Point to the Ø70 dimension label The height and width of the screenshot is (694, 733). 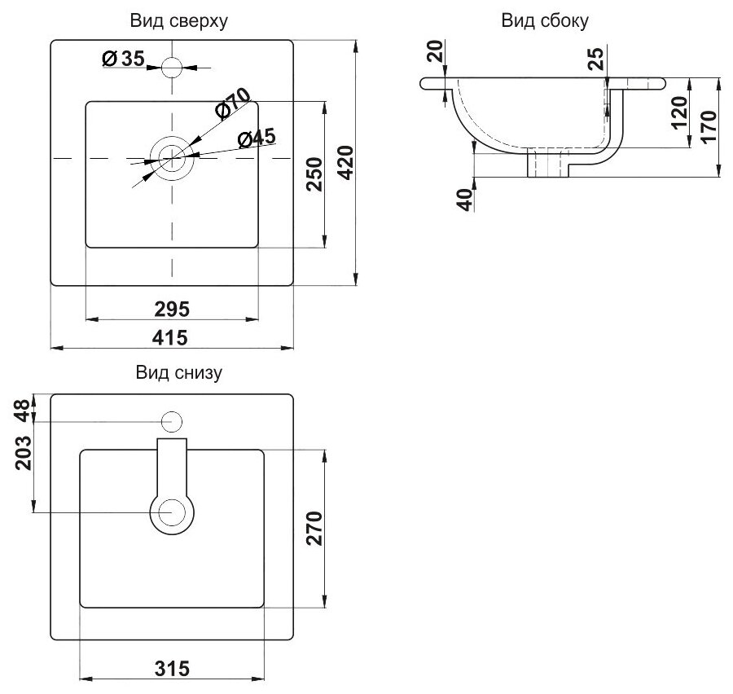coord(232,103)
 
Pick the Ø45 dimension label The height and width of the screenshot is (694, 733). coord(257,138)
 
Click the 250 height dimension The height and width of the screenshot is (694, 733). coord(315,173)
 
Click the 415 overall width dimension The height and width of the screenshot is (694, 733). coord(172,336)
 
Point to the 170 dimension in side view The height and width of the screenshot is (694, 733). coord(707,126)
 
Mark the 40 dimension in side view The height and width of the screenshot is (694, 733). coord(466,199)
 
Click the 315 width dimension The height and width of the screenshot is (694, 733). coord(172,668)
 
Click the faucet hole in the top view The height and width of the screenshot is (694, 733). coord(172,67)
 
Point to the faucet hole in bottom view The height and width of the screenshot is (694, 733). coord(172,422)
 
